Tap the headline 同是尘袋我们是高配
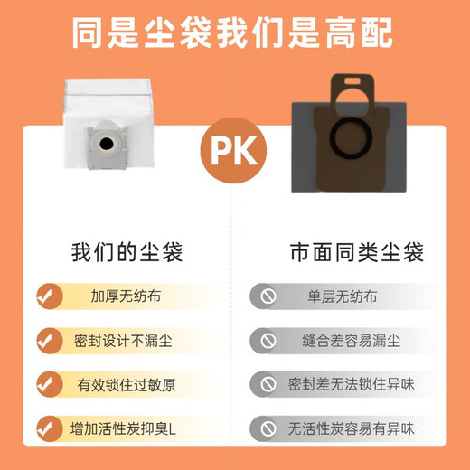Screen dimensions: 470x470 [234, 33]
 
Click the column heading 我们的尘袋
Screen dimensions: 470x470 [127, 252]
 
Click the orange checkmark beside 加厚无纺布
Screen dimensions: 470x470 [47, 296]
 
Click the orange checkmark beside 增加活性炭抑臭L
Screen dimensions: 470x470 [47, 428]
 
